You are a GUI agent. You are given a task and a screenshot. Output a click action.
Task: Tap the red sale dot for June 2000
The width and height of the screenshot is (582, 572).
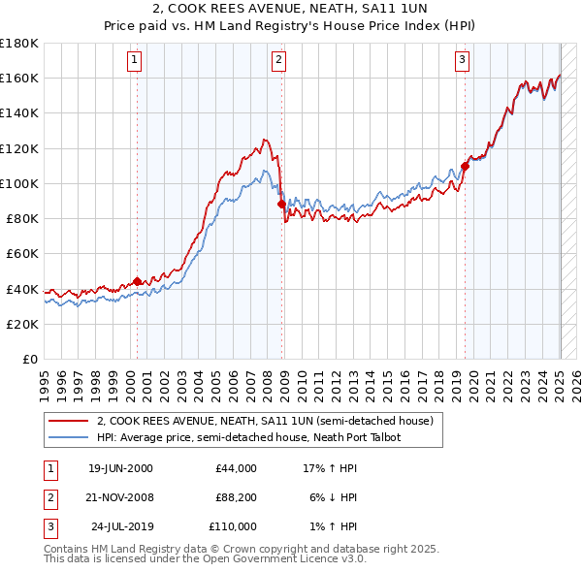[137, 281]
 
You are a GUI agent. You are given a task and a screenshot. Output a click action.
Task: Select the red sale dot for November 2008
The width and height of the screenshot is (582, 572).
[281, 205]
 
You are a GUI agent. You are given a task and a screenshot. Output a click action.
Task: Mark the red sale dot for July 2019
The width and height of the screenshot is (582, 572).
[465, 166]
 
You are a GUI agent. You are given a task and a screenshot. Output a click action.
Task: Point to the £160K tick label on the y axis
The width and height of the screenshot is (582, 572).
[18, 78]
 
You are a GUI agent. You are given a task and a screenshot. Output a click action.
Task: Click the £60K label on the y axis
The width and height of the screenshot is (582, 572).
[21, 253]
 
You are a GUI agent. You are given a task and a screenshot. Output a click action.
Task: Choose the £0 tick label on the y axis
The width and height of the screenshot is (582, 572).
[29, 359]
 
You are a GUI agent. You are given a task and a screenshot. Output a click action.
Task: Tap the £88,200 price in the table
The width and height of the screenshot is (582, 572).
[237, 497]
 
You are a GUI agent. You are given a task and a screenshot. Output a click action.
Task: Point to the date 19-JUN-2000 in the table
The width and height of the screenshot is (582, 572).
[120, 468]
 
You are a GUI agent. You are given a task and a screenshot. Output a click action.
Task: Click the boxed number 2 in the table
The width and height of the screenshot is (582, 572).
[49, 497]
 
